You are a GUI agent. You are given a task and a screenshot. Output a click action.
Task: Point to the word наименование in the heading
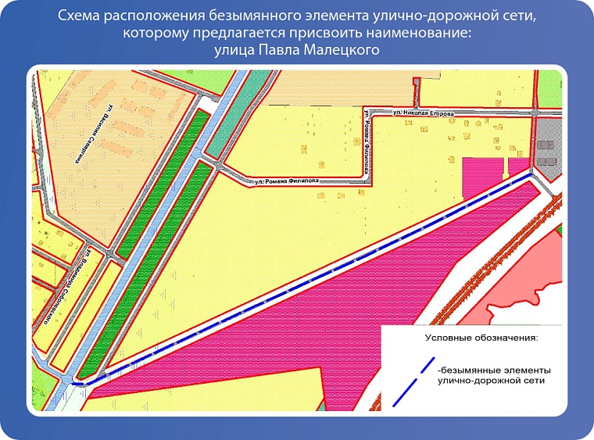(x=423, y=34)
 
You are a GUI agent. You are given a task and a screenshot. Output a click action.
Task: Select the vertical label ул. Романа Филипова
(x=366, y=141)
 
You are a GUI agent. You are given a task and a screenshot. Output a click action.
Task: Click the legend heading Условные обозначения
(x=481, y=338)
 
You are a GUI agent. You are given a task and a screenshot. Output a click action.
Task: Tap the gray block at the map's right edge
(x=548, y=153)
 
